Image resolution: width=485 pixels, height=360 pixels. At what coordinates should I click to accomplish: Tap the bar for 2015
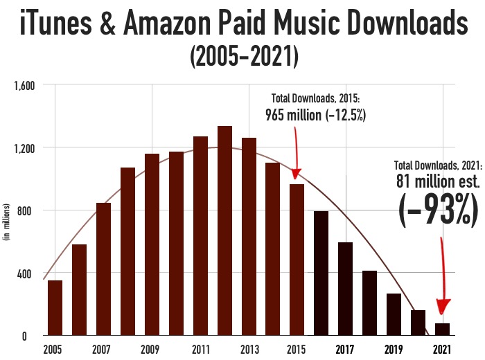(297, 260)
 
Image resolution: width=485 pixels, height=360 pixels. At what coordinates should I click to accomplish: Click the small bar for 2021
(442, 329)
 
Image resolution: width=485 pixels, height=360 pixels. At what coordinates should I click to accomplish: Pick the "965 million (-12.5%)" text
(316, 114)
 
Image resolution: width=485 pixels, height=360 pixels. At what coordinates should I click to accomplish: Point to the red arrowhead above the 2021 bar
(443, 307)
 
